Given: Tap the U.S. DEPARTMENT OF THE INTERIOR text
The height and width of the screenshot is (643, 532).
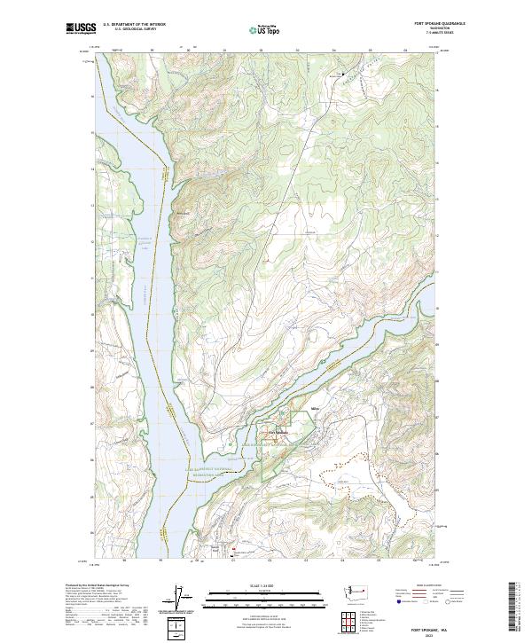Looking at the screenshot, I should (134, 25).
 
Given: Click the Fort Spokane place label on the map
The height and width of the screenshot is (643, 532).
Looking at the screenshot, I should (279, 432).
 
